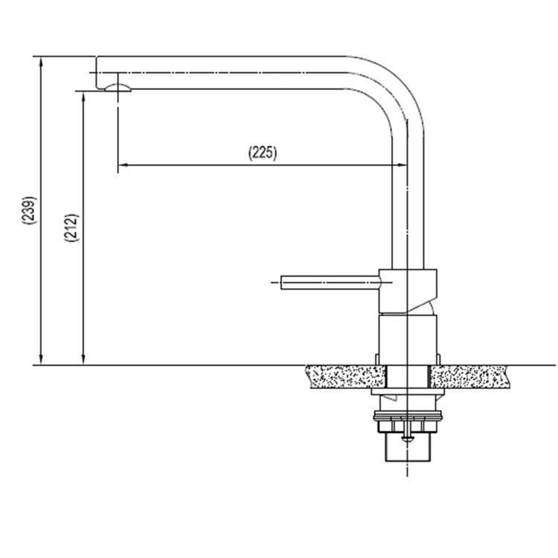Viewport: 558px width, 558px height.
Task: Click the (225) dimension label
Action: pyautogui.click(x=263, y=153)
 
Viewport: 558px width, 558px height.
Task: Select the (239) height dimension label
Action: pyautogui.click(x=29, y=210)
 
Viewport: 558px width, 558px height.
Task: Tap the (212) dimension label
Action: pyautogui.click(x=71, y=228)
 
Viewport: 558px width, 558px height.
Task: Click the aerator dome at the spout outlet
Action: pyautogui.click(x=118, y=88)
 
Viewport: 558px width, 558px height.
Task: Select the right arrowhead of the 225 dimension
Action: pyautogui.click(x=402, y=164)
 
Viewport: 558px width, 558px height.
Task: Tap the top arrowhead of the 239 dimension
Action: pyautogui.click(x=41, y=62)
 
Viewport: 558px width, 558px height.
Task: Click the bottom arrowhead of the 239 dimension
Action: pyautogui.click(x=41, y=360)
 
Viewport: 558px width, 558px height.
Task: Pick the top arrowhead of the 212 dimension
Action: pyautogui.click(x=83, y=97)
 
